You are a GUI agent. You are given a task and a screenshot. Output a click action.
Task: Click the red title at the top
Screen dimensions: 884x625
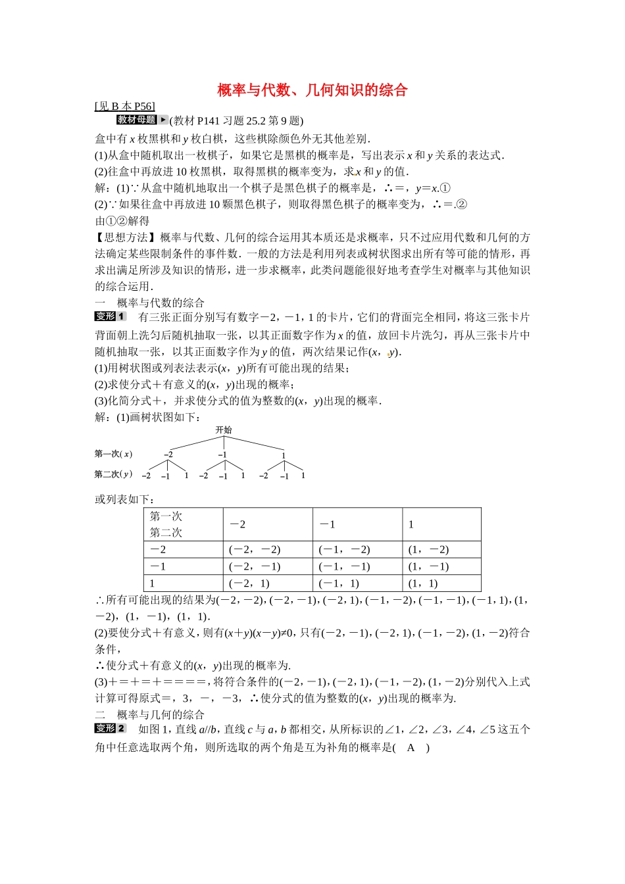pos(312,90)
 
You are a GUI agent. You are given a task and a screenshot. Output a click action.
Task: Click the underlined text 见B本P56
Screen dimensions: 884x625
pos(125,107)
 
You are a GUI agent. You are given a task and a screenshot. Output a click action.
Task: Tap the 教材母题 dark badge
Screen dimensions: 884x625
pos(136,120)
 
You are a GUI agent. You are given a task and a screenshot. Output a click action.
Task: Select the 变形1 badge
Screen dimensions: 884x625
pos(110,316)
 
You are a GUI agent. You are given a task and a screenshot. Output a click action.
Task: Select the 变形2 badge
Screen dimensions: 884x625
pos(110,728)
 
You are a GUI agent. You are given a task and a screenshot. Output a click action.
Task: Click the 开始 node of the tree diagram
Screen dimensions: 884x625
pos(224,430)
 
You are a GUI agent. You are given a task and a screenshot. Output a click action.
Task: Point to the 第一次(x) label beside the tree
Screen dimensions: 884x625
pos(113,454)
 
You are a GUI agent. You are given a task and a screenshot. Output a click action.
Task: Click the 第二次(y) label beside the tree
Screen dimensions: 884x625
pos(113,474)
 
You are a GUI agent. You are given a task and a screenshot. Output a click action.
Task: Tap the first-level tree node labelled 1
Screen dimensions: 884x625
pos(284,455)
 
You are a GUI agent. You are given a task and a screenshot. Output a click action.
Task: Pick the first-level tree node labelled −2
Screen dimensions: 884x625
pos(168,454)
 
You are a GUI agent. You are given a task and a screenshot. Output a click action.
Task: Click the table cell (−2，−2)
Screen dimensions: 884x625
pos(255,550)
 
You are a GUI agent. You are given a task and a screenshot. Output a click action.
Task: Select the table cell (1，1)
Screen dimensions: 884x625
pos(423,583)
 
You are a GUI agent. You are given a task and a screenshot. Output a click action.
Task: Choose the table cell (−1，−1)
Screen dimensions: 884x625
pos(344,566)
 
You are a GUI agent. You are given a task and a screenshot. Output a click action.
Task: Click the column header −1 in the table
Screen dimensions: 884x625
pos(328,524)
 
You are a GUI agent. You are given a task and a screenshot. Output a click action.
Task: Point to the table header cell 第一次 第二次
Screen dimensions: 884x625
pos(166,524)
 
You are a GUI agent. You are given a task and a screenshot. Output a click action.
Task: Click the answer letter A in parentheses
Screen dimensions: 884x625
pos(411,748)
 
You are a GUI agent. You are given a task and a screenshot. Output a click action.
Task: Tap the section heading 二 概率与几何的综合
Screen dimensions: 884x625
pos(150,715)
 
